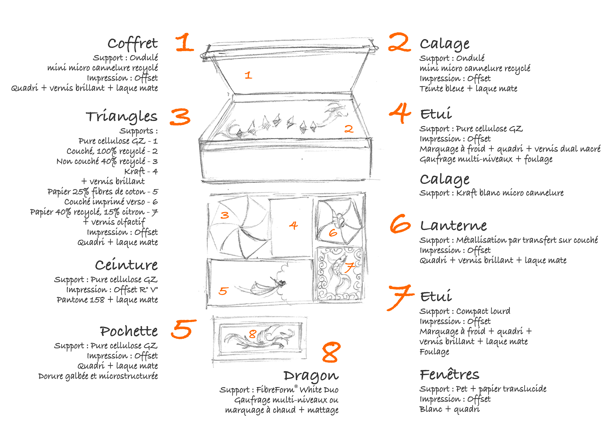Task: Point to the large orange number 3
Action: (x=180, y=117)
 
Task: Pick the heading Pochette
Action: (x=129, y=331)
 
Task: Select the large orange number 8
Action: (x=331, y=352)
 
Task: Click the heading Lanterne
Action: (x=453, y=226)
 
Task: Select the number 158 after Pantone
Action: (x=97, y=300)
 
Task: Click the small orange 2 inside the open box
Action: (x=349, y=129)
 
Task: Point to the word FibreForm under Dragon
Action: (x=275, y=390)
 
